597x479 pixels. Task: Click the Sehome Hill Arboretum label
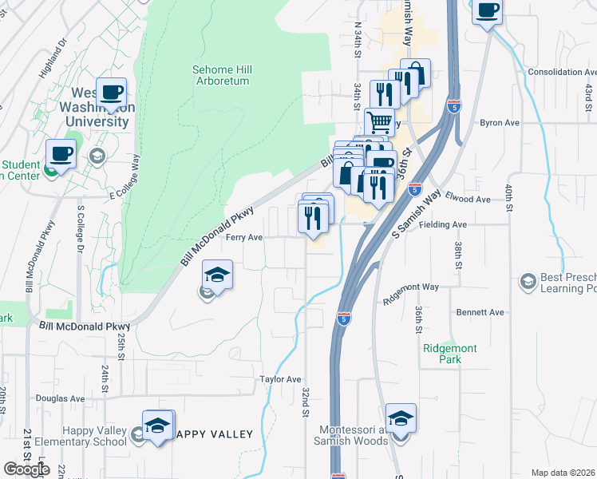point(222,75)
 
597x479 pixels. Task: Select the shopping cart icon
point(380,122)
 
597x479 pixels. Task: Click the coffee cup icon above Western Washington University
point(111,92)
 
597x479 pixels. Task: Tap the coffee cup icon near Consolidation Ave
point(487,11)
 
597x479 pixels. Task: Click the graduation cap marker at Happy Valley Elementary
point(158,425)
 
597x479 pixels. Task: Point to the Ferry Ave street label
point(244,237)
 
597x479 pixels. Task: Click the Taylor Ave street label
point(280,379)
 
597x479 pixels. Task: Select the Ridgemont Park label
point(442,354)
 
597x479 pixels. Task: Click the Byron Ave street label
point(500,123)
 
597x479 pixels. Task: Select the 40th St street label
point(508,197)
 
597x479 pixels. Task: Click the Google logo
point(26,469)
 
